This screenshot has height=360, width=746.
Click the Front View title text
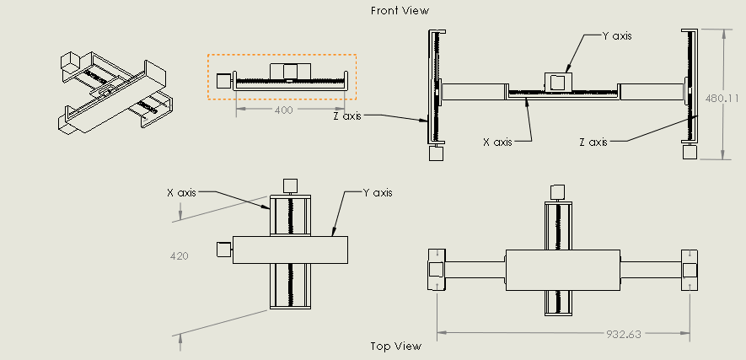click(400, 11)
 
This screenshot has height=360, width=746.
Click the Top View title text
click(395, 346)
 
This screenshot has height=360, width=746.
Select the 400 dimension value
click(283, 110)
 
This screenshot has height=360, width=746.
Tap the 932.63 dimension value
click(624, 334)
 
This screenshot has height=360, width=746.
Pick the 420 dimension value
click(179, 255)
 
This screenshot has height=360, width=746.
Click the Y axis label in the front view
click(617, 35)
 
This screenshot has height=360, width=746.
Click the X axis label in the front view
click(497, 142)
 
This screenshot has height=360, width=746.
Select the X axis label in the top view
click(181, 192)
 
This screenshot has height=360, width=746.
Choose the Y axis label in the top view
click(377, 192)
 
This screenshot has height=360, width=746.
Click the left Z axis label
click(347, 116)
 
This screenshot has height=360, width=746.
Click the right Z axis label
click(593, 142)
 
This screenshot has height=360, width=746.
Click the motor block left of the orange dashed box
click(223, 80)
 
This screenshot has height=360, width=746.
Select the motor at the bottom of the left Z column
click(437, 153)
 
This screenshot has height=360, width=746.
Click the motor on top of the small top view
click(290, 185)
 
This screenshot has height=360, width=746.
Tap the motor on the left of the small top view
click(224, 249)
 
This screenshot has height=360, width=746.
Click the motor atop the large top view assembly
click(556, 191)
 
